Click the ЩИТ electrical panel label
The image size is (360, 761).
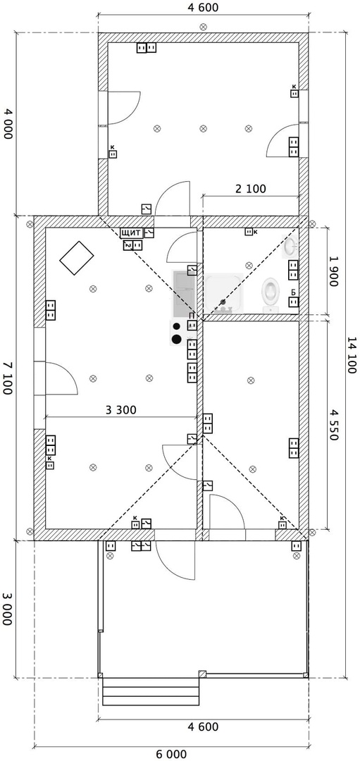[132, 233]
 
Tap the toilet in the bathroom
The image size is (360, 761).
[271, 295]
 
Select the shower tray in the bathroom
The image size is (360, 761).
[223, 293]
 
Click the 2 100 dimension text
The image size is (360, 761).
[251, 189]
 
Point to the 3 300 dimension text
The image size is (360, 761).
[121, 410]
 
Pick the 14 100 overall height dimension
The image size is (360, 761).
[352, 354]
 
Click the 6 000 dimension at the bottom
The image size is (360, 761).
[170, 754]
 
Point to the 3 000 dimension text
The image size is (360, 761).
[7, 609]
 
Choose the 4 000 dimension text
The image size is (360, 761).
[7, 124]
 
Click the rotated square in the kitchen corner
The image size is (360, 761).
[77, 258]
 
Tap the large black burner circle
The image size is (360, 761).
[177, 338]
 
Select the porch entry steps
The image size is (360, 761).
[151, 692]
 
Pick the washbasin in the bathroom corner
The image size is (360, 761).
[291, 247]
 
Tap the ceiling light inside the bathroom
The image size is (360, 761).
[249, 265]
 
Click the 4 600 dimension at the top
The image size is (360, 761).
[203, 7]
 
